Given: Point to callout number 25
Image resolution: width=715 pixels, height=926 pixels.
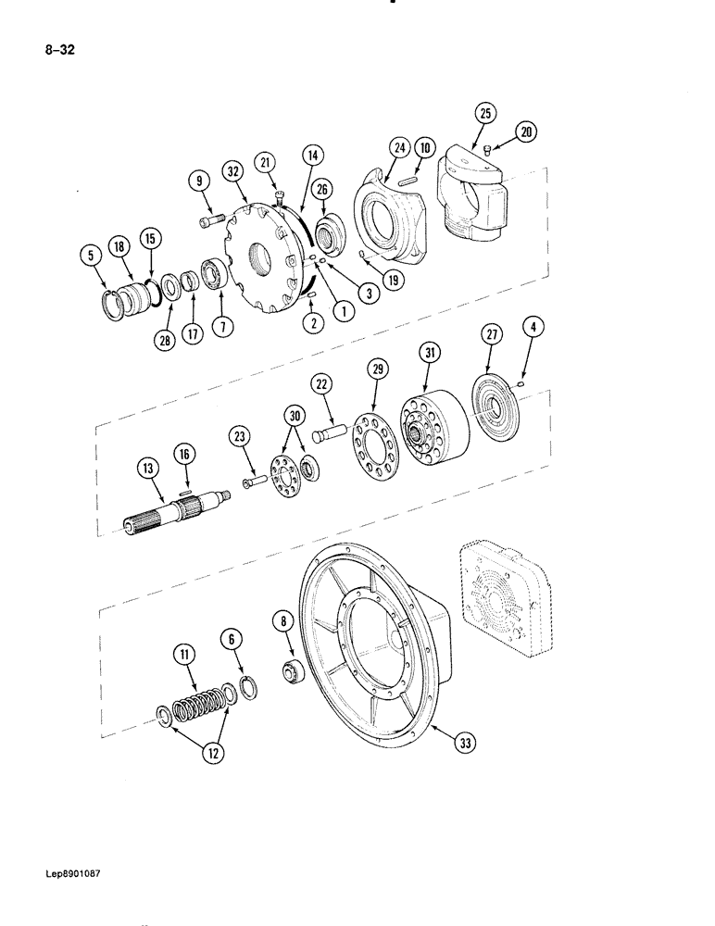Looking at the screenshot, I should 486,114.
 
